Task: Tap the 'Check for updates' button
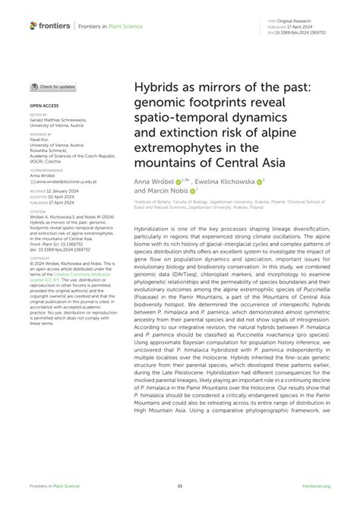point(53,87)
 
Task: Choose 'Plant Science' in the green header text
point(131,27)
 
